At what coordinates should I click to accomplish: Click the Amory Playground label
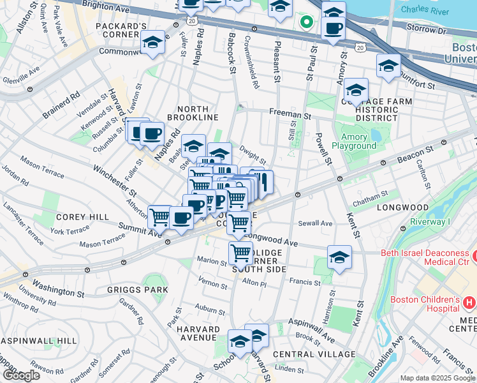point(358,141)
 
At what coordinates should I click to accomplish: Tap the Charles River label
point(423,10)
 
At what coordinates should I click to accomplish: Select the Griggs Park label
point(139,289)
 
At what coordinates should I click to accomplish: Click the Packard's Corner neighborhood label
point(121,31)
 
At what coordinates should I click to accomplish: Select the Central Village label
point(314,354)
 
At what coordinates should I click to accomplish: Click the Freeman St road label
point(290,116)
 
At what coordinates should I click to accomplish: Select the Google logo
point(21,375)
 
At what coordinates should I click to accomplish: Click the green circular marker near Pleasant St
point(307,22)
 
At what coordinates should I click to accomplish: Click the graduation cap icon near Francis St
point(339,257)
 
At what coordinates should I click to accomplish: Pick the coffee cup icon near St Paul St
point(332,28)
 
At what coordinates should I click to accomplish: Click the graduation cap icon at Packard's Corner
point(152,43)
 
